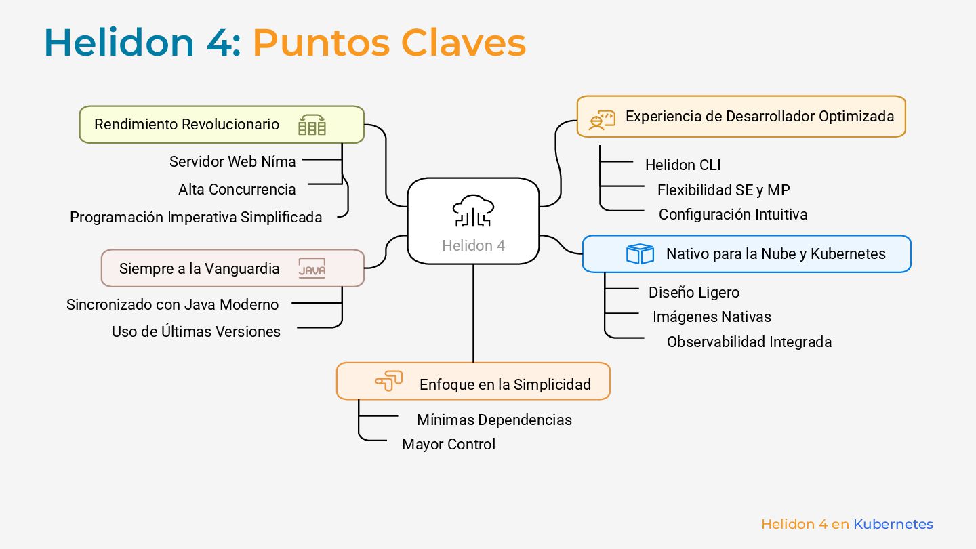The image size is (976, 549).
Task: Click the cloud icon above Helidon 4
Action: pos(473,210)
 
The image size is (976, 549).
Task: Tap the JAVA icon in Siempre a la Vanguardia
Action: pos(312,268)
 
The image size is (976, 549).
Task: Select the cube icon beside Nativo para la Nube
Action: pos(639,253)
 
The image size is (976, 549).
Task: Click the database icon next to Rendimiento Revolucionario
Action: pos(312,125)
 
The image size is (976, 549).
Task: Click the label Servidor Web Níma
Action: pos(232,161)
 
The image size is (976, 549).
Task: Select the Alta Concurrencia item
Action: pos(237,189)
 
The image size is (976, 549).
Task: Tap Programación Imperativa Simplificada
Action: pos(196,217)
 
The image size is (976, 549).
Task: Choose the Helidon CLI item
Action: pos(683,165)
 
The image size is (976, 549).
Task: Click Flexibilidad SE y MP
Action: pos(723,190)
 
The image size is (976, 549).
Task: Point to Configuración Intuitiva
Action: pos(733,214)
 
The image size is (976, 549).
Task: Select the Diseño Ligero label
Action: pos(693,292)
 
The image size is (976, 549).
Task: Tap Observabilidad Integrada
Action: pos(749,342)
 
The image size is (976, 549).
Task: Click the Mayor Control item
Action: pos(449,444)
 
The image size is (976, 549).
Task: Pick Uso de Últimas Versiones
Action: pos(196,331)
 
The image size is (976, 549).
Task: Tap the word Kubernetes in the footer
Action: pos(893,524)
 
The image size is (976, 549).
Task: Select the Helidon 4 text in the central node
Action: pos(473,245)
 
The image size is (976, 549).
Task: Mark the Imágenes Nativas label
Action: pos(712,317)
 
